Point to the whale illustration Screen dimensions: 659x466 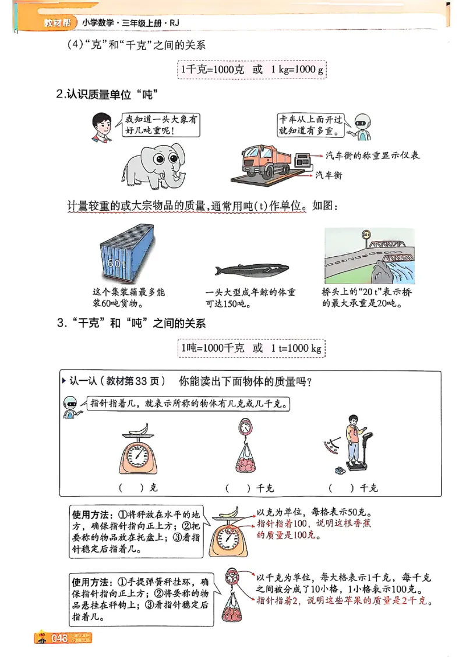pyautogui.click(x=251, y=270)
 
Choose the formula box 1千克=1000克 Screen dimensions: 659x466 pyautogui.click(x=252, y=69)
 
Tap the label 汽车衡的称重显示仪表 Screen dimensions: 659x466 pyautogui.click(x=373, y=155)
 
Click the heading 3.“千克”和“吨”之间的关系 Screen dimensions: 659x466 pyautogui.click(x=132, y=324)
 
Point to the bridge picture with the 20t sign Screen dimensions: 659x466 pyautogui.click(x=369, y=255)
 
